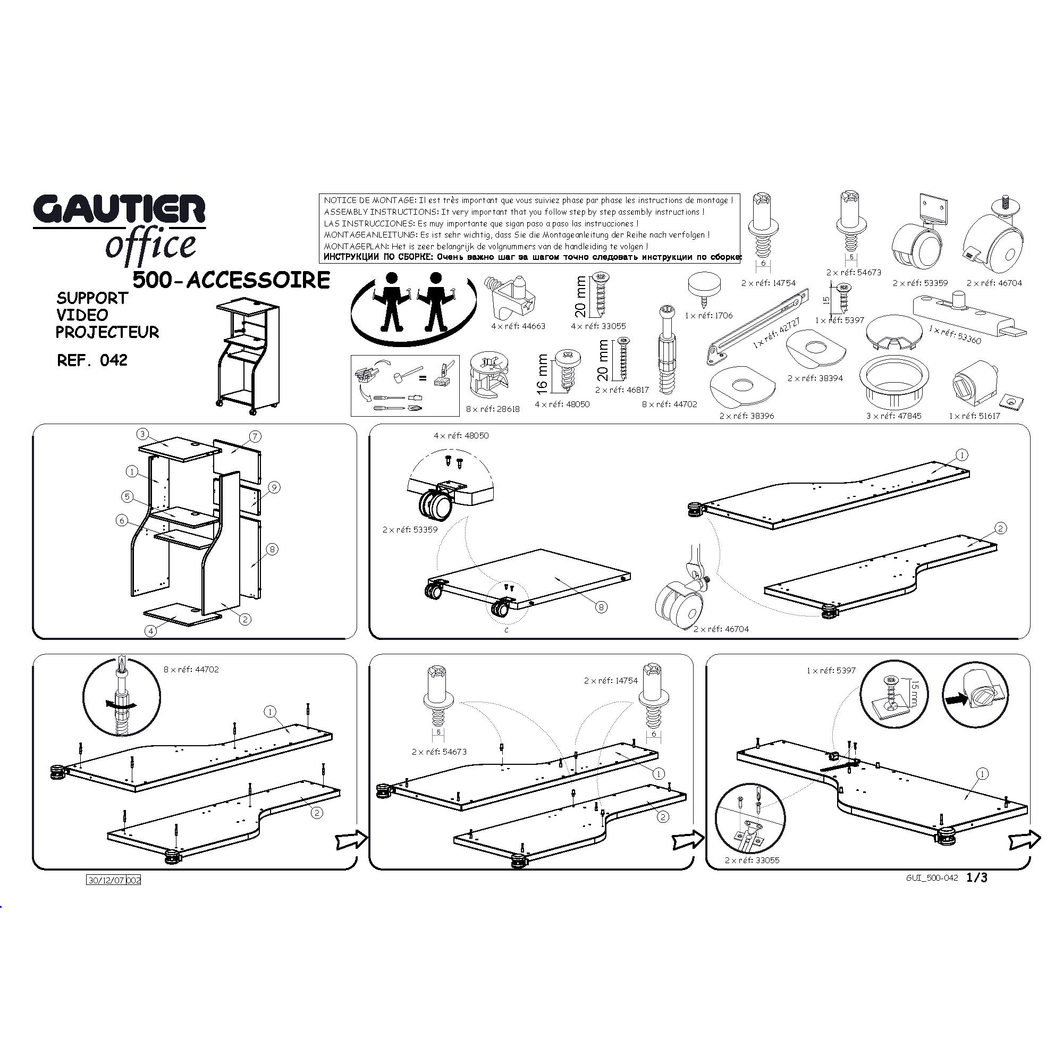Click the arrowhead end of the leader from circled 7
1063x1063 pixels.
[232, 452]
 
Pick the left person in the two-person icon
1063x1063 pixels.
[392, 301]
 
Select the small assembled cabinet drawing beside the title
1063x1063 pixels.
[248, 356]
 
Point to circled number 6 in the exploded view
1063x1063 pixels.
[122, 520]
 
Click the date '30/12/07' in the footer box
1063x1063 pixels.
[107, 880]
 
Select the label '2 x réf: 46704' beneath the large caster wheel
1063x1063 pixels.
[721, 629]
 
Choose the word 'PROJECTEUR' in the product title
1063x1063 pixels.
[107, 332]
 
